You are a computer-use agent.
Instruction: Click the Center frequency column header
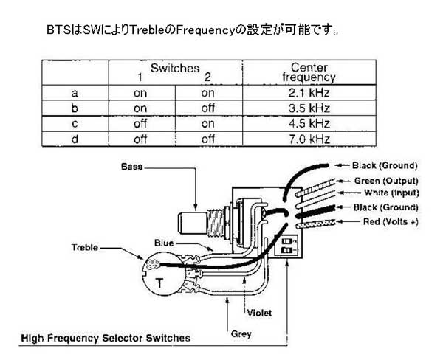pyautogui.click(x=309, y=72)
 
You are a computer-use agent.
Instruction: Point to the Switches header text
pyautogui.click(x=175, y=68)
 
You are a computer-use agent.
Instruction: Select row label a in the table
pyautogui.click(x=75, y=94)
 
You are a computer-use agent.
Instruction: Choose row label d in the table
pyautogui.click(x=75, y=138)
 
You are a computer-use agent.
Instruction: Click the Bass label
pyautogui.click(x=131, y=167)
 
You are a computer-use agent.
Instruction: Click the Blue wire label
pyautogui.click(x=165, y=242)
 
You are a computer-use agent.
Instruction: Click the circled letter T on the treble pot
pyautogui.click(x=161, y=280)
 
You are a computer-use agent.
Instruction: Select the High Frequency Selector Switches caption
pyautogui.click(x=105, y=338)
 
